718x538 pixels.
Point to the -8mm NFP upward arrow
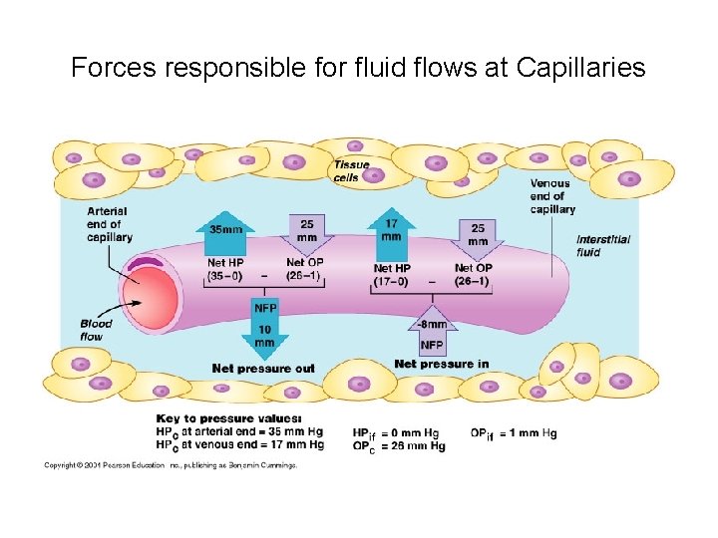coord(431,330)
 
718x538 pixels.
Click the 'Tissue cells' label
coord(351,171)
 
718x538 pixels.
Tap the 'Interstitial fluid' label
coord(602,245)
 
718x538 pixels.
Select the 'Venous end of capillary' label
coord(551,195)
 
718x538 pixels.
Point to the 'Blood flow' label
coord(97,330)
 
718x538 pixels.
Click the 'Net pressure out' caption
coord(263,369)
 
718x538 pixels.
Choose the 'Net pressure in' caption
coord(441,364)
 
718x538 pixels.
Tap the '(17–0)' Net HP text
coord(391,281)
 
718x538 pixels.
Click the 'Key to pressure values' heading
coord(228,418)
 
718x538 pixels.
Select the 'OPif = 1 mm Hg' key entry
coord(514,432)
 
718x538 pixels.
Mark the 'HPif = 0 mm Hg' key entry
coord(396,432)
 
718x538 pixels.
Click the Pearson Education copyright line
coord(170,464)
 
